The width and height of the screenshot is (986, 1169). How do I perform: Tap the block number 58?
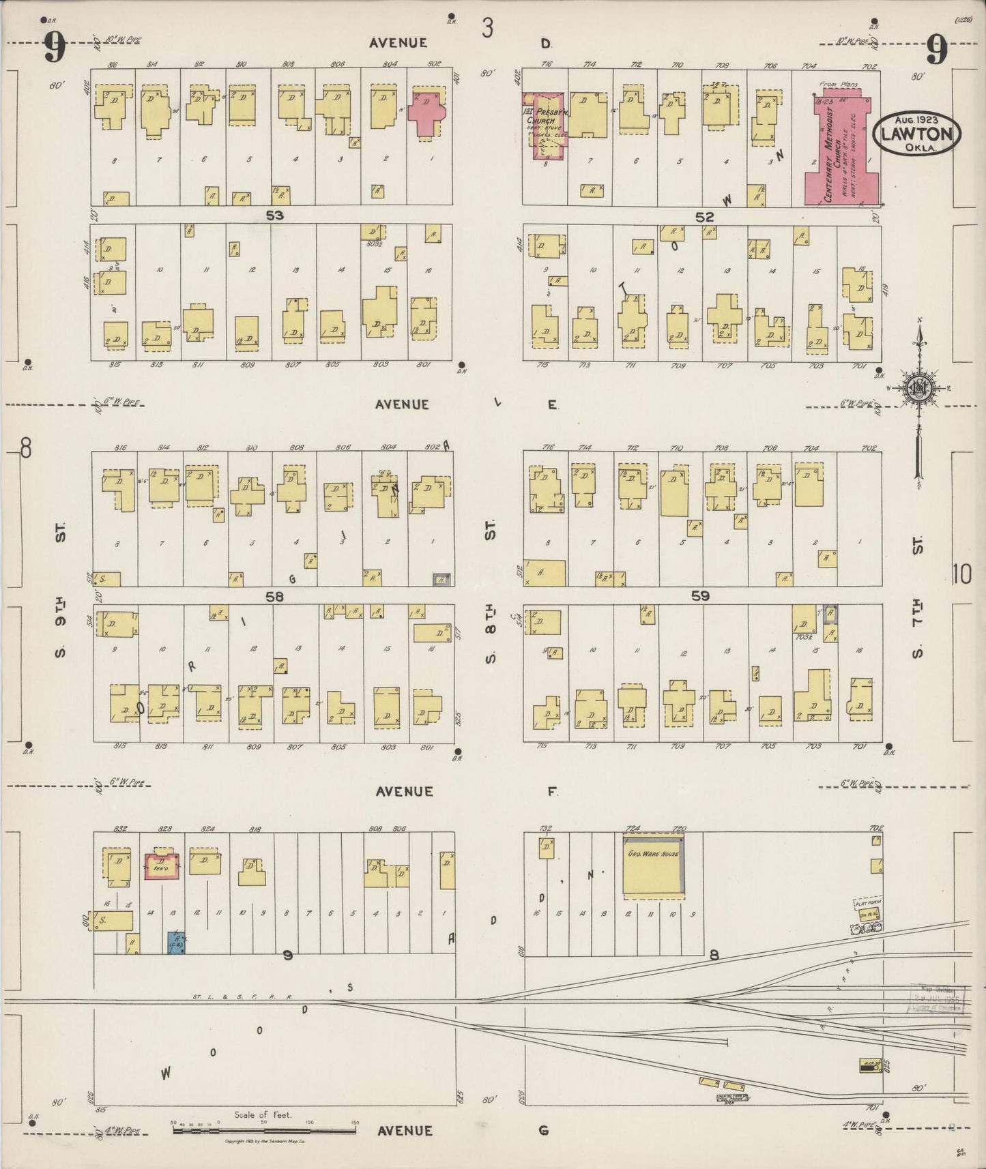pyautogui.click(x=274, y=597)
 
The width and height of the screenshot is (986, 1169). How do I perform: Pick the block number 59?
pyautogui.click(x=700, y=596)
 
